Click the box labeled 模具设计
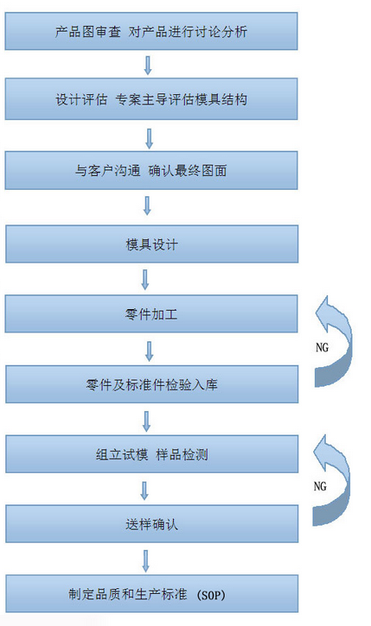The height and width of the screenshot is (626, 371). click(151, 244)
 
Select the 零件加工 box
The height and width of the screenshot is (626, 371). click(151, 313)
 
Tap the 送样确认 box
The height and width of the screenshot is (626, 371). click(151, 524)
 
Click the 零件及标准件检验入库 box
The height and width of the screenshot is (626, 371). click(151, 384)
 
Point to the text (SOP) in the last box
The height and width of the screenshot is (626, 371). click(211, 595)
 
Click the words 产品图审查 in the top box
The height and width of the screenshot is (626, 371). click(88, 32)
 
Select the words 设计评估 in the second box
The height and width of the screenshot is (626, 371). click(81, 99)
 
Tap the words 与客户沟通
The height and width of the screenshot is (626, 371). click(107, 170)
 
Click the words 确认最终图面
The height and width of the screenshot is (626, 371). click(188, 170)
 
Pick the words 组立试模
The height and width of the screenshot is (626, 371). click(122, 454)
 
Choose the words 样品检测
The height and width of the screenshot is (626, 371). click(182, 454)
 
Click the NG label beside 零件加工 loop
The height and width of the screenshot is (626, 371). click(322, 347)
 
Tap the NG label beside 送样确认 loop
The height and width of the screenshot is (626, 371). click(320, 486)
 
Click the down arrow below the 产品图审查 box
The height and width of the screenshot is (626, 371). click(148, 65)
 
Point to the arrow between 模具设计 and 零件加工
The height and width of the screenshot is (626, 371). click(145, 280)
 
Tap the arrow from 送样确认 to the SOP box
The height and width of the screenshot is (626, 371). click(146, 560)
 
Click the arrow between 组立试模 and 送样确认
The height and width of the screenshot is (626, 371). click(144, 490)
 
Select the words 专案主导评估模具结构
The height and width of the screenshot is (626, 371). click(181, 99)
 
